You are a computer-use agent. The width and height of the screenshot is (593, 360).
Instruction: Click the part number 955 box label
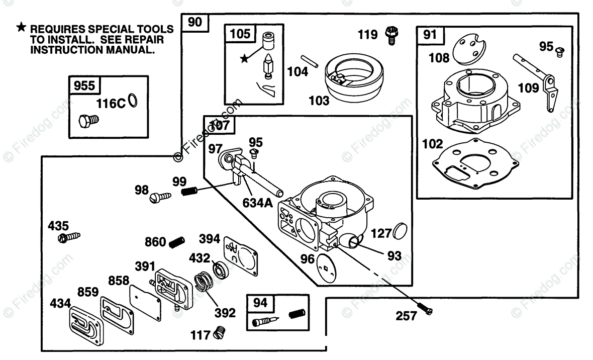[84, 85]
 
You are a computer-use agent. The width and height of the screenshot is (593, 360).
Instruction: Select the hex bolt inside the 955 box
[88, 121]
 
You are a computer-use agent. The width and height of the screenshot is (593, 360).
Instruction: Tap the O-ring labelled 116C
[133, 101]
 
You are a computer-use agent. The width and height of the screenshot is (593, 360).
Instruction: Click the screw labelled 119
[392, 36]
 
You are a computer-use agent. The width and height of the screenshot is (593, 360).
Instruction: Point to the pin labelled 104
[310, 61]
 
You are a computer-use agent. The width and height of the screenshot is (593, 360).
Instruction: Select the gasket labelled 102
[475, 163]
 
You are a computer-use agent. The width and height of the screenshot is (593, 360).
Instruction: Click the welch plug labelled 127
[400, 231]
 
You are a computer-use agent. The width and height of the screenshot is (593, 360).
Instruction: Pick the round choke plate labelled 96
[326, 268]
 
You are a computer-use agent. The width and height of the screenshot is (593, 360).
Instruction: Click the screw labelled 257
[425, 309]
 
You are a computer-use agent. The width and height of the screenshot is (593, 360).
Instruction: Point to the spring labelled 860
[176, 242]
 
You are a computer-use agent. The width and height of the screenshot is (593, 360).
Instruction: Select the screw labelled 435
[69, 237]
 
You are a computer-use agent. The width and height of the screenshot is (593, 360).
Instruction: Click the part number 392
[225, 313]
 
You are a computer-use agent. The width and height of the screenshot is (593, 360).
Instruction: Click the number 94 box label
[260, 303]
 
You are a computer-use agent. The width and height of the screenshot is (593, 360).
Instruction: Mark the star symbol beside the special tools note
[21, 27]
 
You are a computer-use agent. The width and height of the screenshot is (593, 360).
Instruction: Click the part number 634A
[257, 203]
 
